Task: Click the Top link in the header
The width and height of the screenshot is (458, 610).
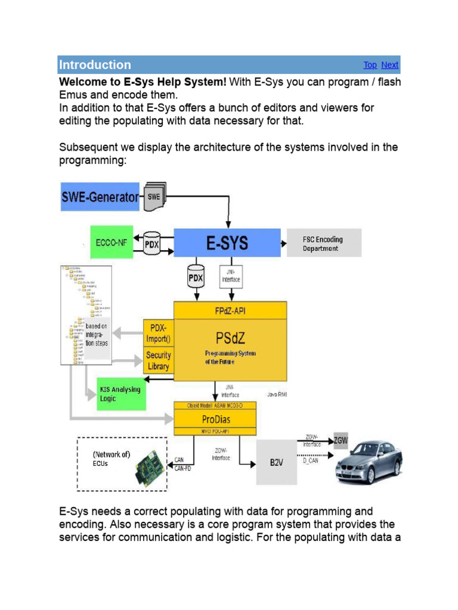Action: click(x=370, y=65)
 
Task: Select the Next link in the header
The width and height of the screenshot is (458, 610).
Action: click(x=390, y=65)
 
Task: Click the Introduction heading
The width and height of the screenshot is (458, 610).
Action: click(x=95, y=65)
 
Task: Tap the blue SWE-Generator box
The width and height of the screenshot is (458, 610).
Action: click(x=100, y=197)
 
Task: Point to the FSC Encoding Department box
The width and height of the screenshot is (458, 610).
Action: click(x=324, y=244)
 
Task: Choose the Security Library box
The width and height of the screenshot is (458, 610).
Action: click(x=158, y=361)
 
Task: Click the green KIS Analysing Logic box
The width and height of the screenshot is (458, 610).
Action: click(x=122, y=394)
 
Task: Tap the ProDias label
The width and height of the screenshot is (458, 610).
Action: click(x=215, y=419)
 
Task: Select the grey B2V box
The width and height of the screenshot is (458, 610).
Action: click(x=276, y=462)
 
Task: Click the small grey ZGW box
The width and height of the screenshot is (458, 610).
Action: click(x=341, y=441)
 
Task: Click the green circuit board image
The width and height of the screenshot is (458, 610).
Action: click(x=151, y=467)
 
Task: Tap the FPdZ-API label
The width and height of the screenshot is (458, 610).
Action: click(x=230, y=310)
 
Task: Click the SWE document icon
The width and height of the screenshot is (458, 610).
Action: click(x=154, y=197)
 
